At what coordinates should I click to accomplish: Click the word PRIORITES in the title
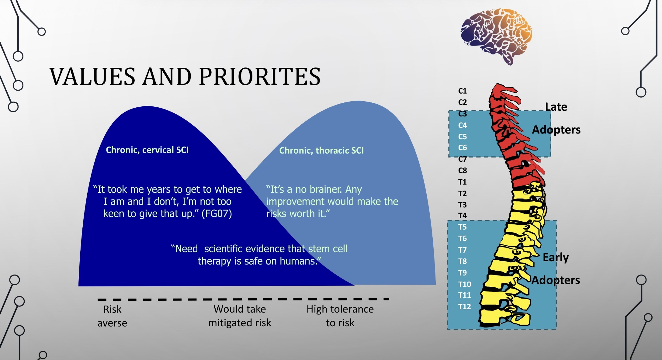point(260,77)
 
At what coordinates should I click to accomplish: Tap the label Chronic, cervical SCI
point(147,150)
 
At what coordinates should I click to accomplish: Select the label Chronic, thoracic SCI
point(321,151)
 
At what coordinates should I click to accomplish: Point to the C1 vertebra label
point(462,91)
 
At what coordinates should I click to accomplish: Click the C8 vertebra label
point(462,171)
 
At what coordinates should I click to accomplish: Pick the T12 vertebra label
point(464,306)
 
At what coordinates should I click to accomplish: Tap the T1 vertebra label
point(462,182)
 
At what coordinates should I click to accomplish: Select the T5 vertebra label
point(462,227)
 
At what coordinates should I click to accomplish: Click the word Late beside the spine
point(556,107)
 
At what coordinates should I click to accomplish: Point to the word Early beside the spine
point(556,258)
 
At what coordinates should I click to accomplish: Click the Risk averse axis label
point(112,316)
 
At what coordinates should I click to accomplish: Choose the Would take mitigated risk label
point(240,316)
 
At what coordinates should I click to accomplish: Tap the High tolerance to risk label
point(340,316)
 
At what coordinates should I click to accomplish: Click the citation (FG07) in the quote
point(217,214)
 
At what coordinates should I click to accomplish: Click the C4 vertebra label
point(462,125)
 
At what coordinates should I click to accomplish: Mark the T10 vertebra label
point(464,284)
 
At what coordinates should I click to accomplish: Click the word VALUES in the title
point(92,77)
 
